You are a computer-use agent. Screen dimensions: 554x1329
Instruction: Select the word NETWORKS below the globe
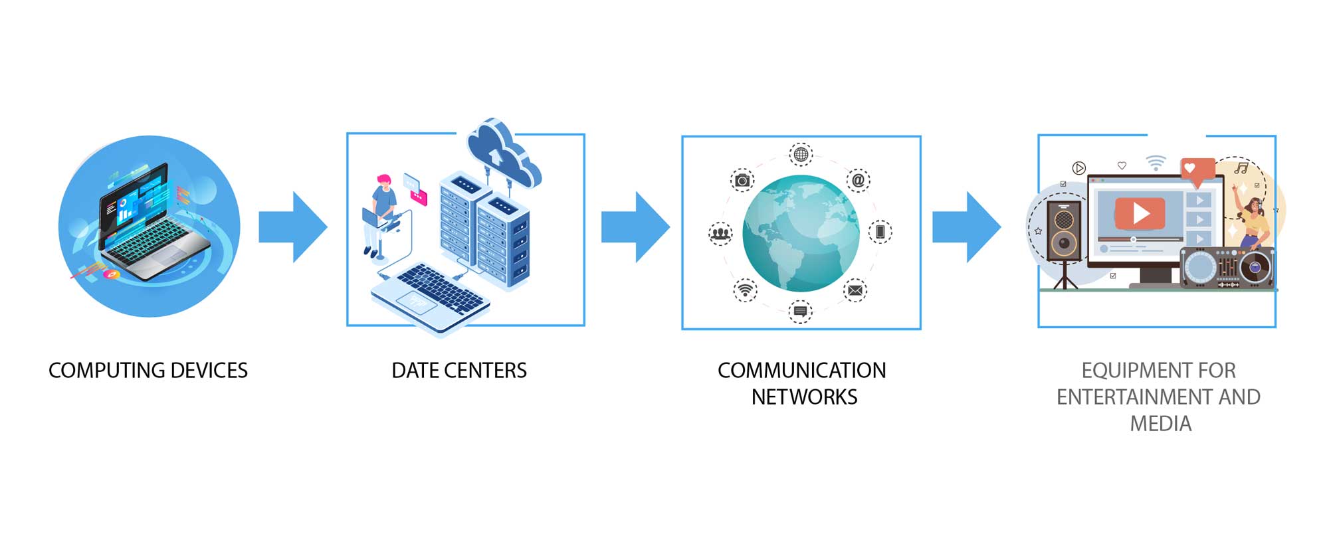pos(804,397)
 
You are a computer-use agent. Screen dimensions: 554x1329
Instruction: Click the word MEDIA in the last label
pos(1160,424)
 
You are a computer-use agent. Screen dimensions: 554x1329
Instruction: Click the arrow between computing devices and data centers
pos(293,227)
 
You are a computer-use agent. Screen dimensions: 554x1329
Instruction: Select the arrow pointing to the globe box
pos(635,227)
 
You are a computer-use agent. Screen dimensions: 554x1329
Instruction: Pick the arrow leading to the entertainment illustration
pos(966,227)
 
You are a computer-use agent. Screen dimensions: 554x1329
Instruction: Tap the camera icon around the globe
pos(742,180)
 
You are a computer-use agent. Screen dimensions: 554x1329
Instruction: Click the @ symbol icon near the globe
pos(858,180)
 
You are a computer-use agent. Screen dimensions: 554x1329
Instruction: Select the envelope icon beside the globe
pos(855,290)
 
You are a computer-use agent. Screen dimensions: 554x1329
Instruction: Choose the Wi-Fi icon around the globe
pos(745,290)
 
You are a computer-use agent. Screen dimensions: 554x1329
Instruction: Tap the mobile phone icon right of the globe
pos(880,232)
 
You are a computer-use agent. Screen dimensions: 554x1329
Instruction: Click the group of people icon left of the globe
pos(720,233)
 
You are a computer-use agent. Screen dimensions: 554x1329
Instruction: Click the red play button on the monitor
pos(1140,213)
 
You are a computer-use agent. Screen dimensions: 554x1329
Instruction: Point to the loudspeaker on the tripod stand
pos(1063,231)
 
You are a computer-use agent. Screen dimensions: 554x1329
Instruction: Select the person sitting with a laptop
pos(381,213)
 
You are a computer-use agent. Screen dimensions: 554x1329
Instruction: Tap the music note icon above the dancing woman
pos(1241,169)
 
